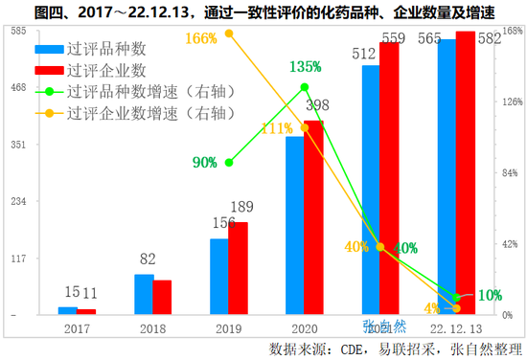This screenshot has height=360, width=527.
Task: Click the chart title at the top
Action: point(264,12)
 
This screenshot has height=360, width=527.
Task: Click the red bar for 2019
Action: point(238,268)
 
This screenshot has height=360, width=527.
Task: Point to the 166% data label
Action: point(201,38)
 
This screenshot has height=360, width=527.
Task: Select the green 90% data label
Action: point(204,163)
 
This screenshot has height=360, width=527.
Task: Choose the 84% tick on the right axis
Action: point(511,173)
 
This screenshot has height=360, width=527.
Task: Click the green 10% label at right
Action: point(490,295)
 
